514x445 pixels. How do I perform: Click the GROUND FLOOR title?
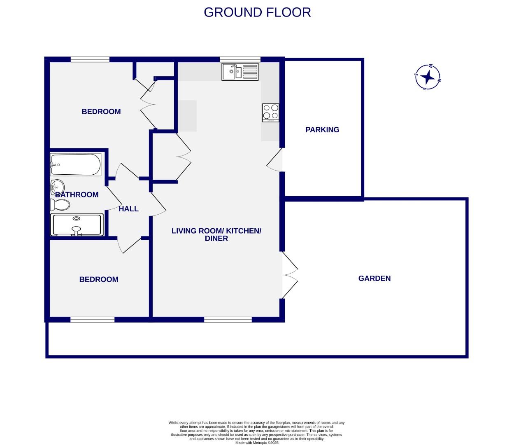point(257,12)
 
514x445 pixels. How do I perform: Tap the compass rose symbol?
point(428,77)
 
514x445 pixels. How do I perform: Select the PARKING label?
point(322,129)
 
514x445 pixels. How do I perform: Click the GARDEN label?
point(374,279)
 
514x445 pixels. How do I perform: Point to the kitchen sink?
point(240,72)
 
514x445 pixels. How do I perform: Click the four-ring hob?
point(270,113)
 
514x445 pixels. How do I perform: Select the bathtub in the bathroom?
point(76,164)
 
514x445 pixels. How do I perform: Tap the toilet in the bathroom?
point(60,205)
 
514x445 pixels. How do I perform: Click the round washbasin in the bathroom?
point(58,187)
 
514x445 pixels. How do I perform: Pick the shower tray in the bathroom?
point(77,225)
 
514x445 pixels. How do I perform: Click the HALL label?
point(128,208)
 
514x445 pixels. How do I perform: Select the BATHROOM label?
point(77,194)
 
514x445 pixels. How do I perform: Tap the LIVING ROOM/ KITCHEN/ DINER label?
point(216,234)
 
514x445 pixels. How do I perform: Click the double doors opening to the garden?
point(290,275)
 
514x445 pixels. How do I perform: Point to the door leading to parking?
point(274,160)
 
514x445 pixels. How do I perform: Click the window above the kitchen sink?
point(240,59)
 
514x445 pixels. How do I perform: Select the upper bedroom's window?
point(90,59)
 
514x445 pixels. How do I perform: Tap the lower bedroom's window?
point(92,319)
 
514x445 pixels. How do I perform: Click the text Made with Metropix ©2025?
point(257,443)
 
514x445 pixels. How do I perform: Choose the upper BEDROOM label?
point(101,112)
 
